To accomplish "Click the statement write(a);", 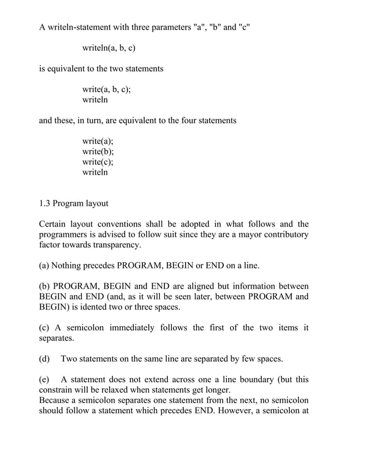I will (98, 141).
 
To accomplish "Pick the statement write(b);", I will (98, 152).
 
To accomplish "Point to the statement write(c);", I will (98, 162).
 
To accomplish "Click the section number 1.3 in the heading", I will (45, 203).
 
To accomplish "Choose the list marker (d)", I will (44, 359).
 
